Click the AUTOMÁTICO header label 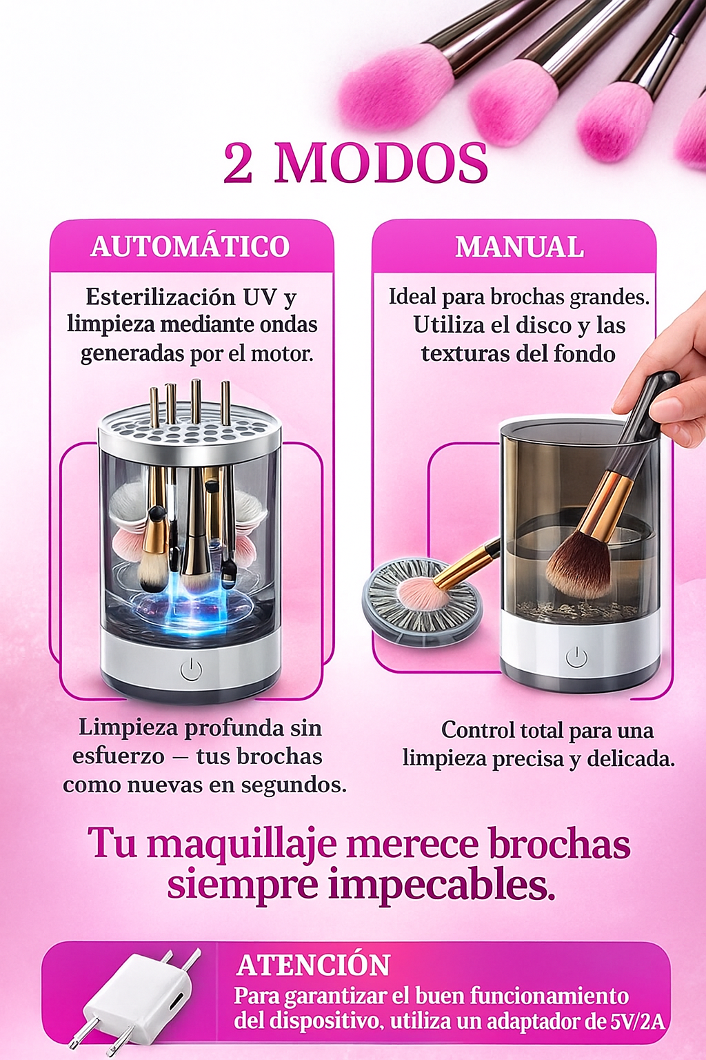click(x=190, y=246)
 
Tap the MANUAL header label click(x=519, y=247)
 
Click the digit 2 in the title click(x=238, y=164)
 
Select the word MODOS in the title click(x=381, y=164)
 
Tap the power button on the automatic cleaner click(x=191, y=669)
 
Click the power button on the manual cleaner click(x=576, y=657)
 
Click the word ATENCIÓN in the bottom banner click(x=314, y=965)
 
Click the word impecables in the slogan click(x=441, y=885)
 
